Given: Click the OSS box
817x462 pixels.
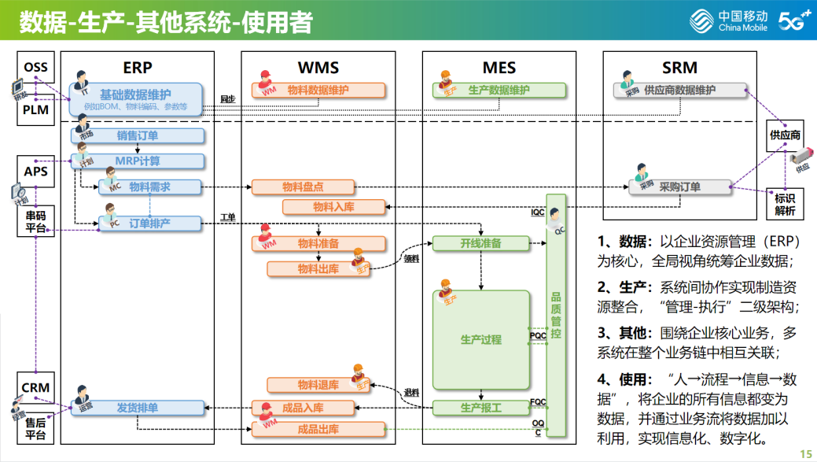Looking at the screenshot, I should tap(35, 68).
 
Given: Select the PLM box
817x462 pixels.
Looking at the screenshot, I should tap(35, 110).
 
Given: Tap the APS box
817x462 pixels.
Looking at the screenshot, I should tap(35, 172).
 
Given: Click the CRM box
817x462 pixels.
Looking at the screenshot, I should tap(35, 387).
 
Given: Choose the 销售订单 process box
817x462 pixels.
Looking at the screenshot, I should tap(138, 135).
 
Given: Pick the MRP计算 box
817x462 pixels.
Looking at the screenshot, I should tap(138, 161).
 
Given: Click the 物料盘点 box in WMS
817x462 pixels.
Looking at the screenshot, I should tap(303, 187).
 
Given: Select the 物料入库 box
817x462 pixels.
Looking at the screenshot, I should tap(333, 207).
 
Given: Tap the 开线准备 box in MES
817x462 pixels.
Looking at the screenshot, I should tap(480, 243).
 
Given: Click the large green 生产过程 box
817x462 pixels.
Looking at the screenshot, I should tap(480, 340).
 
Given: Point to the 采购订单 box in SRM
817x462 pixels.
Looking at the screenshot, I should tap(679, 187).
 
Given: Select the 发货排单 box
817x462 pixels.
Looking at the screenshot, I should tap(138, 408).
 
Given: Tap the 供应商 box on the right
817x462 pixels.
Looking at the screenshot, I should tap(784, 135).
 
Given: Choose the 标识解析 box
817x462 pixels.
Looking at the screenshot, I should tap(784, 205).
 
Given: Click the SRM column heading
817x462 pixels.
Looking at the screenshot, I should tap(679, 68).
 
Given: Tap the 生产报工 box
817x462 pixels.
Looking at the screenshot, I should tap(480, 408).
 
